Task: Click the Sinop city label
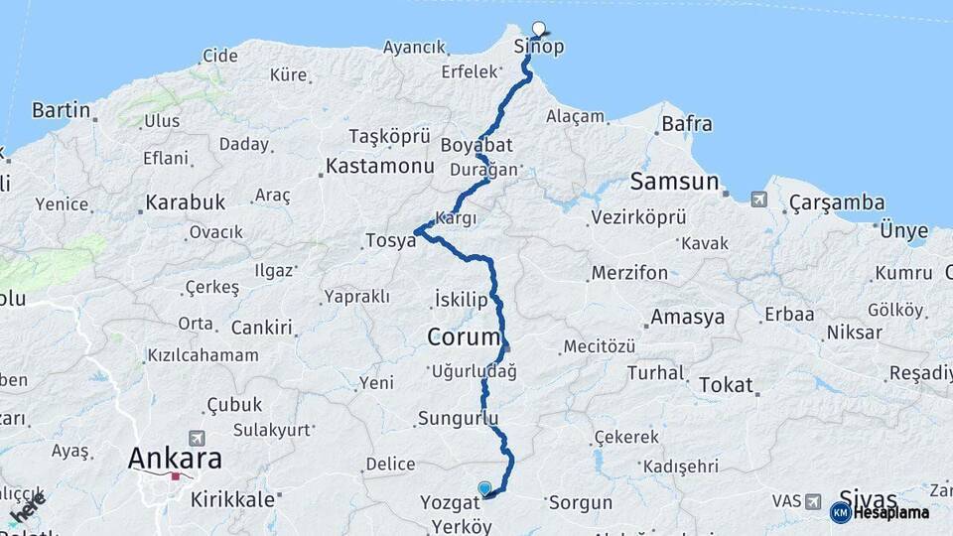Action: pyautogui.click(x=539, y=47)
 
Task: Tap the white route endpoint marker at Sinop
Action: pyautogui.click(x=539, y=28)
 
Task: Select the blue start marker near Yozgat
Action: pyautogui.click(x=484, y=488)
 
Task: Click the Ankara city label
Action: pyautogui.click(x=174, y=459)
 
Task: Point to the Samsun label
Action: pyautogui.click(x=674, y=182)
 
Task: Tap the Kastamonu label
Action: pyautogui.click(x=380, y=166)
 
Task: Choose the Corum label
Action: pyautogui.click(x=463, y=336)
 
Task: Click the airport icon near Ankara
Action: pyautogui.click(x=197, y=438)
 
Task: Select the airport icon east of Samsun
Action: pyautogui.click(x=759, y=200)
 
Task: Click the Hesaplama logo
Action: pyautogui.click(x=883, y=512)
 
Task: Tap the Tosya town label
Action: pyautogui.click(x=390, y=240)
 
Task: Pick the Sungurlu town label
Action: pyautogui.click(x=458, y=418)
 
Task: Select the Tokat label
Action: pyautogui.click(x=726, y=385)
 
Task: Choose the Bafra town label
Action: pyautogui.click(x=686, y=124)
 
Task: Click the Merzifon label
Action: pyautogui.click(x=629, y=273)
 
